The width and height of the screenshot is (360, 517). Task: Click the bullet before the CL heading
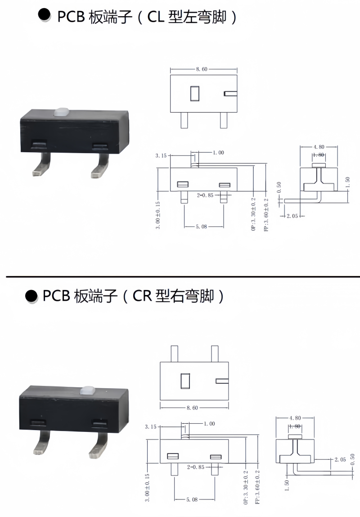tap(44, 15)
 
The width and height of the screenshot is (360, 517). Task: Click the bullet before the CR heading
tap(31, 295)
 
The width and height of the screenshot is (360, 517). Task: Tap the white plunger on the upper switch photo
tap(60, 112)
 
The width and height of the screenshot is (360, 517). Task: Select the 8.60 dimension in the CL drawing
tap(202, 69)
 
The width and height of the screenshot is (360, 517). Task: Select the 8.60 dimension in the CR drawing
tap(192, 408)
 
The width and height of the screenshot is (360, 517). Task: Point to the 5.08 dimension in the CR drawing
tap(192, 500)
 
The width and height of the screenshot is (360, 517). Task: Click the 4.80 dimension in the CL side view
tap(319, 147)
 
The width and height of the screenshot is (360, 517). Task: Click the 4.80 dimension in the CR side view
tap(295, 418)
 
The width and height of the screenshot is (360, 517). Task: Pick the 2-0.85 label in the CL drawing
tap(205, 195)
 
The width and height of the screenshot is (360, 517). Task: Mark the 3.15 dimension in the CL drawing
tap(161, 156)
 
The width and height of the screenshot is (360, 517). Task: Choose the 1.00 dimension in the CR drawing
tap(209, 424)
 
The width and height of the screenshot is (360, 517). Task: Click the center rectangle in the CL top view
tap(195, 94)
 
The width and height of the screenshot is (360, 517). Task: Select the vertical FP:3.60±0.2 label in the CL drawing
tap(266, 215)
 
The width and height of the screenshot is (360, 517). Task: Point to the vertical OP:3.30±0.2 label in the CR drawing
tap(246, 487)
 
